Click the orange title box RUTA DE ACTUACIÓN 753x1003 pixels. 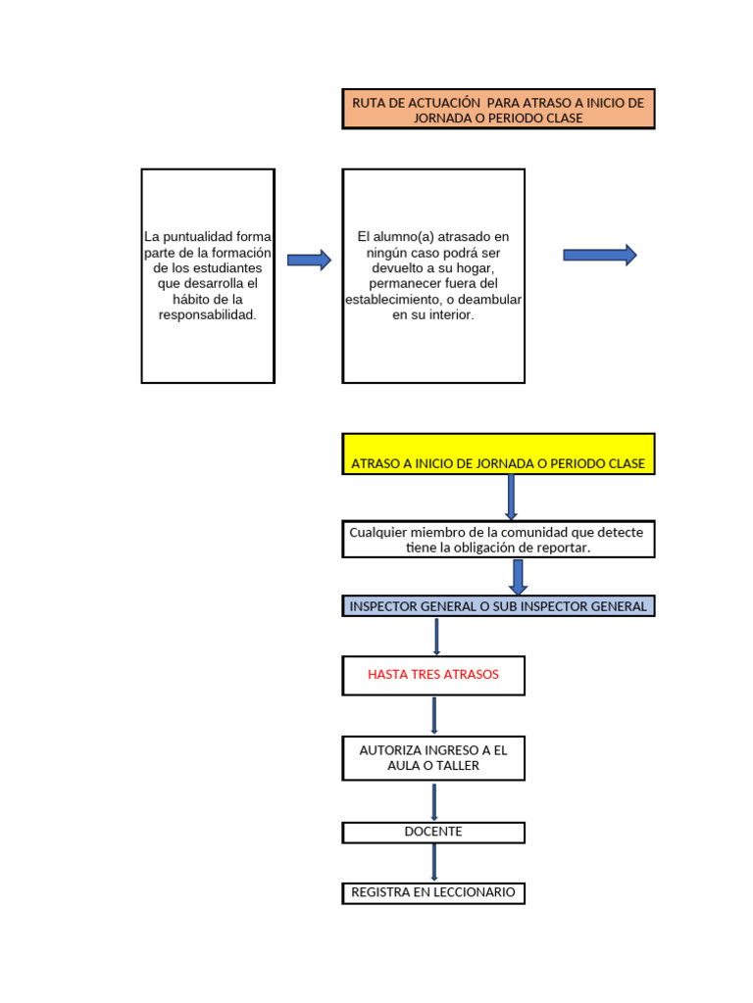(498, 109)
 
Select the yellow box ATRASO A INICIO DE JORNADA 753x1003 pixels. (498, 454)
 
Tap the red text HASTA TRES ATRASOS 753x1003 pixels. (433, 675)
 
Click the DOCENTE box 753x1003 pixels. (433, 833)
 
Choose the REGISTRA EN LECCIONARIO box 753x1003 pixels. (433, 893)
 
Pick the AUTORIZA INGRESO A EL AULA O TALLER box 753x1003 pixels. (433, 758)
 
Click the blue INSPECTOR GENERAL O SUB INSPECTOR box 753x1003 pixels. (498, 606)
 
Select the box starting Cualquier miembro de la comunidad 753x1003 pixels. (498, 540)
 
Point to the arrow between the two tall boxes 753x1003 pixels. (309, 260)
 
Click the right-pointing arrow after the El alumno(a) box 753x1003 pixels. (600, 256)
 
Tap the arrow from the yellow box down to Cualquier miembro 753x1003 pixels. (511, 498)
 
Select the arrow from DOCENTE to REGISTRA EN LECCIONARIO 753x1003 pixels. (434, 863)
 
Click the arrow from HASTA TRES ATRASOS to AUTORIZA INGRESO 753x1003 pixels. (434, 716)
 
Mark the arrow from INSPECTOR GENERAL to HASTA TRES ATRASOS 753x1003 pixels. (436, 637)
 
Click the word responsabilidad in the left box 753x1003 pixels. (207, 315)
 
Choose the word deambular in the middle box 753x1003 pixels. (494, 300)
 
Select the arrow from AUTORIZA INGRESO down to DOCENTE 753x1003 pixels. (434, 802)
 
